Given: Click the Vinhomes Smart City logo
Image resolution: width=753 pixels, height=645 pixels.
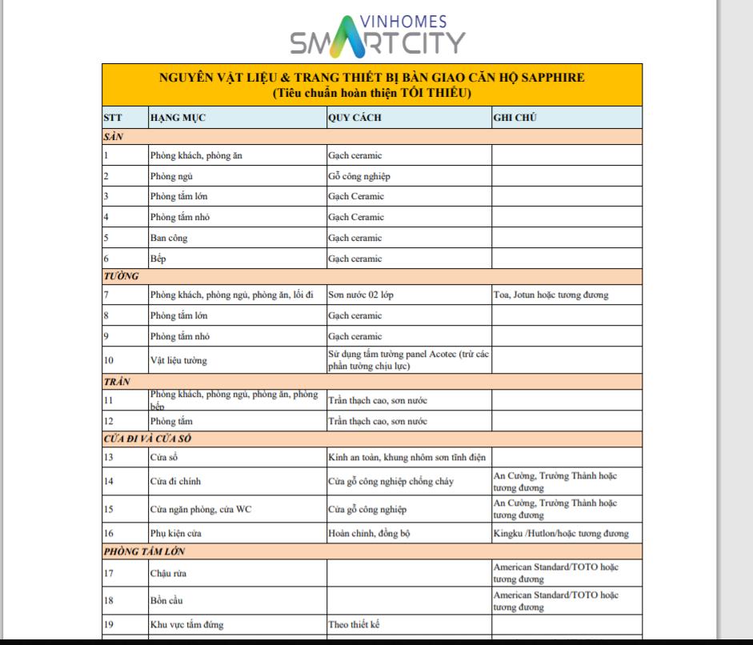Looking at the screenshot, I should point(377,35).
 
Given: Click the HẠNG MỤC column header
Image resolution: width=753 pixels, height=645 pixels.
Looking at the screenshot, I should point(178,118).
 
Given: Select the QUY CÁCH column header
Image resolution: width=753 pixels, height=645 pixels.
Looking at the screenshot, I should point(354,118).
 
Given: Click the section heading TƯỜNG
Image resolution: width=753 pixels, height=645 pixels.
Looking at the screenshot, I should point(122,276).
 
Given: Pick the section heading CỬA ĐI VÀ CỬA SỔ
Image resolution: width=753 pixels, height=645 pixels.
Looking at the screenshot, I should point(146,439).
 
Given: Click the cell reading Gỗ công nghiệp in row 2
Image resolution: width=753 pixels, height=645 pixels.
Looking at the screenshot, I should point(359,176).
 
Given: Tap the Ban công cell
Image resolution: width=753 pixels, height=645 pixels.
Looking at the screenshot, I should point(169,238).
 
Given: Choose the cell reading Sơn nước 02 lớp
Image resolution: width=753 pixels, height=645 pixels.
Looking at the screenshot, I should point(361,294).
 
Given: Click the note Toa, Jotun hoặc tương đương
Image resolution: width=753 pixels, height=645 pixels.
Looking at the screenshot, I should point(551,294).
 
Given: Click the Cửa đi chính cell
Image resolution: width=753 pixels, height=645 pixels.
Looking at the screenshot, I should point(175,481).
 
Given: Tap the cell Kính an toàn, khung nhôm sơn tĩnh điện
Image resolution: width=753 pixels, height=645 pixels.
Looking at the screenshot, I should point(407,457).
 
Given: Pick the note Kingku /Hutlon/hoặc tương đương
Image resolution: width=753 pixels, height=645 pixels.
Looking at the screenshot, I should point(560,533).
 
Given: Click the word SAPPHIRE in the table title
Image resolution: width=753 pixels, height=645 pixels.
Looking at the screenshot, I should point(549,78).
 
